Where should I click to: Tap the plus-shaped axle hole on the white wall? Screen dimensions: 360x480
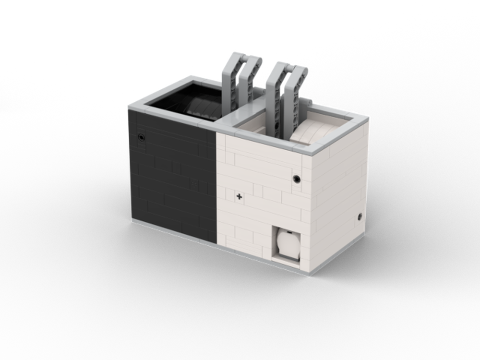click(x=239, y=196)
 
